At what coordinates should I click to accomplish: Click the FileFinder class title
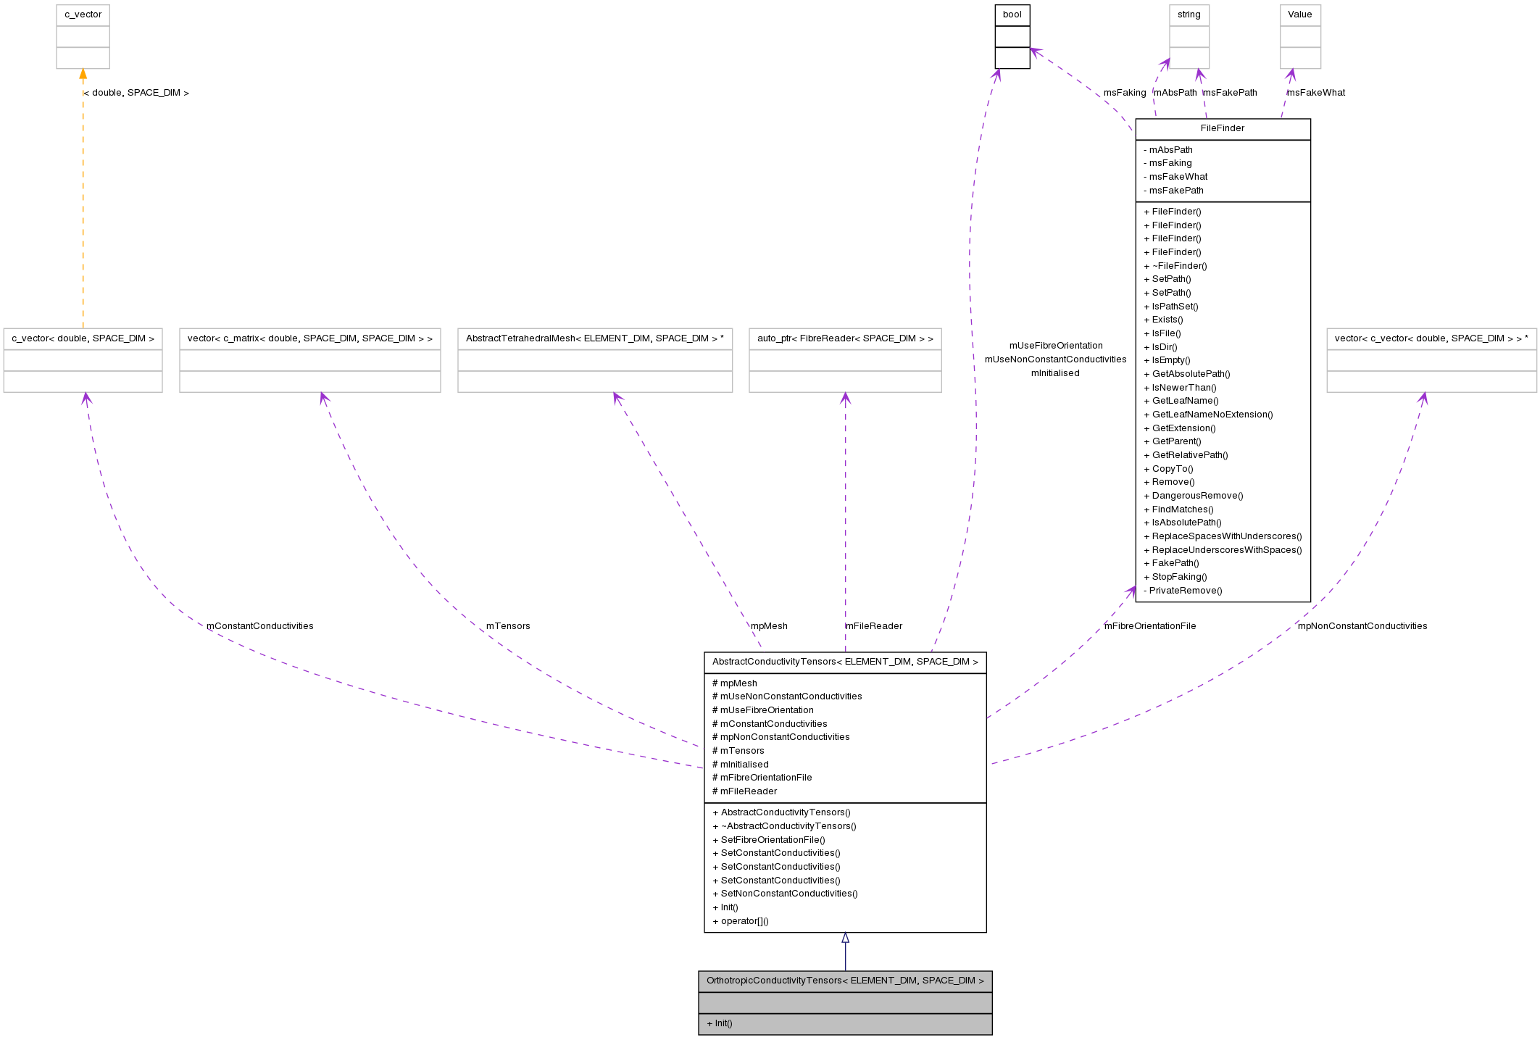pos(1222,128)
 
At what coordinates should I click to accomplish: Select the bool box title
pos(1012,14)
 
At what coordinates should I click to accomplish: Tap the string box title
pos(1189,14)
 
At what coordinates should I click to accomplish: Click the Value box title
pos(1299,14)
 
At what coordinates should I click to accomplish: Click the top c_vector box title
pos(83,14)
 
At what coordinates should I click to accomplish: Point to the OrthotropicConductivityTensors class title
pos(845,981)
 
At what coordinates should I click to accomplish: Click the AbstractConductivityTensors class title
pos(845,662)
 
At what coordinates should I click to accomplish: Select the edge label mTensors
pos(508,626)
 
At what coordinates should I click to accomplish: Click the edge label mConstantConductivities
pos(259,626)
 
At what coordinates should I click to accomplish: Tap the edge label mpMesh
pos(769,626)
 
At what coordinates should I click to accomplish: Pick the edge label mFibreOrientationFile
pos(1149,626)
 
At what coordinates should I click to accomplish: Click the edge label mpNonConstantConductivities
pos(1362,626)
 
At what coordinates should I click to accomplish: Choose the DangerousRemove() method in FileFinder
pos(1197,496)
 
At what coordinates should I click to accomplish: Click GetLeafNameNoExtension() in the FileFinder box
pos(1212,415)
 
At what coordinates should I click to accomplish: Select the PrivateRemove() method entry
pos(1185,591)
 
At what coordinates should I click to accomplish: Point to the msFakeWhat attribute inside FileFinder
pos(1178,177)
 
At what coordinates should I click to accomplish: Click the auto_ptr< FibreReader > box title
pos(845,338)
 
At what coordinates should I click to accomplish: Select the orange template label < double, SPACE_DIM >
pos(136,93)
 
